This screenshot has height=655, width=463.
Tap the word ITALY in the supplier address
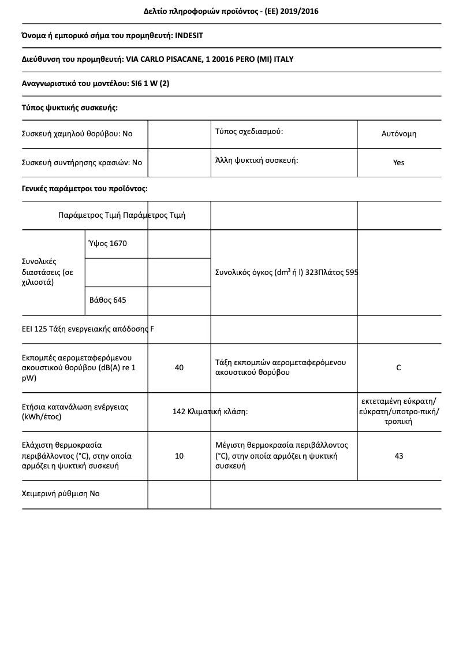point(283,59)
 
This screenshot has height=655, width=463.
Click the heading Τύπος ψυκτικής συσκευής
point(69,107)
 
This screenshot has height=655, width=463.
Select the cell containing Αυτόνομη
point(398,133)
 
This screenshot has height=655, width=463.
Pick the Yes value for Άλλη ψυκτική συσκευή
point(398,162)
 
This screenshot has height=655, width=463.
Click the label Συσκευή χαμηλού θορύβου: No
point(77,133)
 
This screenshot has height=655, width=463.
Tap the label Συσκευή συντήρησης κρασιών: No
point(81,162)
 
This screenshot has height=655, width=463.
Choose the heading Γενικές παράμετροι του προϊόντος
point(84,188)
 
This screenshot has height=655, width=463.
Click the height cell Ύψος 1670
point(108,243)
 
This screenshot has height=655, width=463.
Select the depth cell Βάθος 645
point(108,300)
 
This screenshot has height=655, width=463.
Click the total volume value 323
point(311,272)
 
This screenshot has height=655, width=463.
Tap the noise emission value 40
point(179,367)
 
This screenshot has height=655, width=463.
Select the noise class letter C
point(398,367)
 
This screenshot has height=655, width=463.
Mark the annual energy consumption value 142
point(178,412)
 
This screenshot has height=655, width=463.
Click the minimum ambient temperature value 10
point(179,456)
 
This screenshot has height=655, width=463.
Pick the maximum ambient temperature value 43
point(398,456)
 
